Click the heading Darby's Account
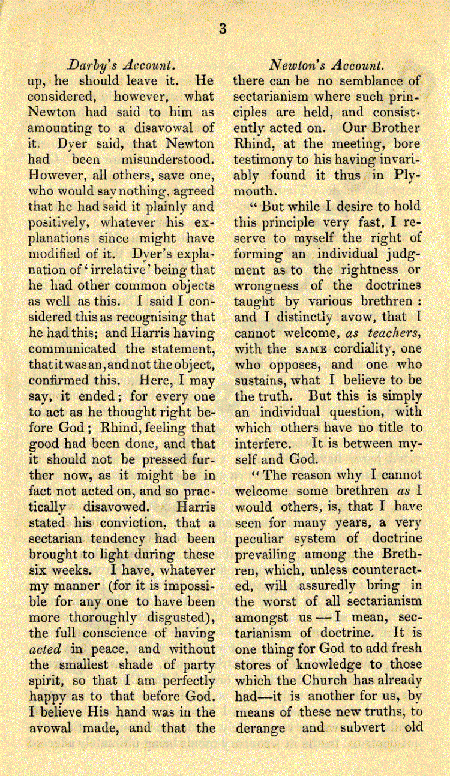tap(122, 64)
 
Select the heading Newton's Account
tap(326, 64)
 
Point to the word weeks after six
tap(71, 570)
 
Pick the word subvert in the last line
tap(373, 727)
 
